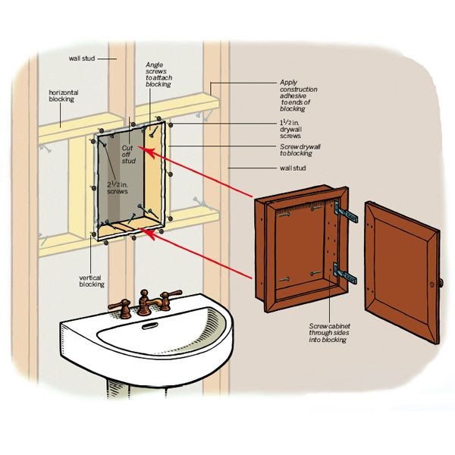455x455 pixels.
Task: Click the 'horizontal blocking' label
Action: [64, 96]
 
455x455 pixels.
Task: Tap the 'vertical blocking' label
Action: [92, 281]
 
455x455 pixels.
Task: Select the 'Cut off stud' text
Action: [129, 155]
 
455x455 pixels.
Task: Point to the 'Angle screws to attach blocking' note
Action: [158, 74]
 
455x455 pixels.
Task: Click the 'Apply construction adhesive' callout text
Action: [299, 96]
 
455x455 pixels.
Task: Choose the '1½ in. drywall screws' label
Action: [290, 129]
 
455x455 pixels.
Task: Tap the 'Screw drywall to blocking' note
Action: [300, 150]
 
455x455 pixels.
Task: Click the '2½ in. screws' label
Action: [118, 188]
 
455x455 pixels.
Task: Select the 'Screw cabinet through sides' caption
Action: [329, 333]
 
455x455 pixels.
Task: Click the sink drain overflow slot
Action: [149, 325]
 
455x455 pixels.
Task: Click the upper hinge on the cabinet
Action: [346, 212]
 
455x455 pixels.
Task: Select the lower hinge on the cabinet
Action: [345, 273]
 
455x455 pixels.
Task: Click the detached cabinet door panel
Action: [402, 272]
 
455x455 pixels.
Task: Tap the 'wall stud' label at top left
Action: [82, 58]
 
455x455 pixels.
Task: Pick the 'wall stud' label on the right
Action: [293, 168]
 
